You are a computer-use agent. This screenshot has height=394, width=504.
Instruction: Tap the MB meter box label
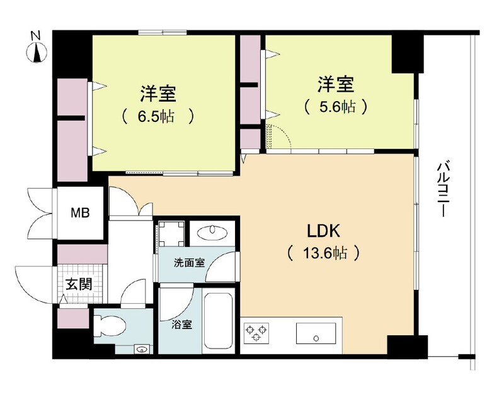(80, 213)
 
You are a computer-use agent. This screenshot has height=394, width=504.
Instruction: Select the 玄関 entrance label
(79, 284)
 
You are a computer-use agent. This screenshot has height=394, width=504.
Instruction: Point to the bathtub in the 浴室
(218, 321)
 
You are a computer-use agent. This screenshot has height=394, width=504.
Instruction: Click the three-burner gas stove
(256, 333)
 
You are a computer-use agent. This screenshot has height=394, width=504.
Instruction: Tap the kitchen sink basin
(316, 334)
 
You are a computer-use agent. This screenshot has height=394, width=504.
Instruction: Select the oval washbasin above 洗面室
(212, 232)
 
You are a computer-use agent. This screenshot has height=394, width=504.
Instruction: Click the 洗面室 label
(190, 263)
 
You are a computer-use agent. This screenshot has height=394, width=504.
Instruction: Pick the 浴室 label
(181, 325)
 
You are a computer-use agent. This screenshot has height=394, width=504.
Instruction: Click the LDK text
(323, 231)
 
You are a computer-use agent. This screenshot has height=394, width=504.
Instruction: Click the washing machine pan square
(171, 234)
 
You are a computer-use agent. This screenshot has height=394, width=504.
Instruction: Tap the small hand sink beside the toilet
(141, 349)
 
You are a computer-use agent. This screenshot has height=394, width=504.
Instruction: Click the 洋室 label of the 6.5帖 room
(158, 93)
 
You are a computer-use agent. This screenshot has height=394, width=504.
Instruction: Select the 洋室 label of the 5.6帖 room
(336, 84)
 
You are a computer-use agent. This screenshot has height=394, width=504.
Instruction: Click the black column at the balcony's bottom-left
(407, 345)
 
